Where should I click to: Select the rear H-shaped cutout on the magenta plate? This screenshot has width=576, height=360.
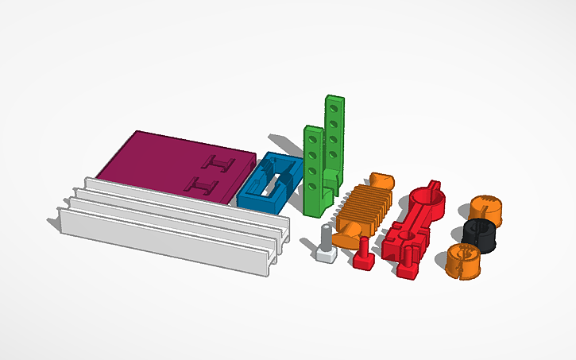pyautogui.click(x=219, y=164)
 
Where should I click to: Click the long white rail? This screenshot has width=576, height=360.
pyautogui.click(x=167, y=223)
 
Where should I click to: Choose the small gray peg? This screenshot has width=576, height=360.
pyautogui.click(x=325, y=243)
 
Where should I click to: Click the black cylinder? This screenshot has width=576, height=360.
pyautogui.click(x=479, y=234)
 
